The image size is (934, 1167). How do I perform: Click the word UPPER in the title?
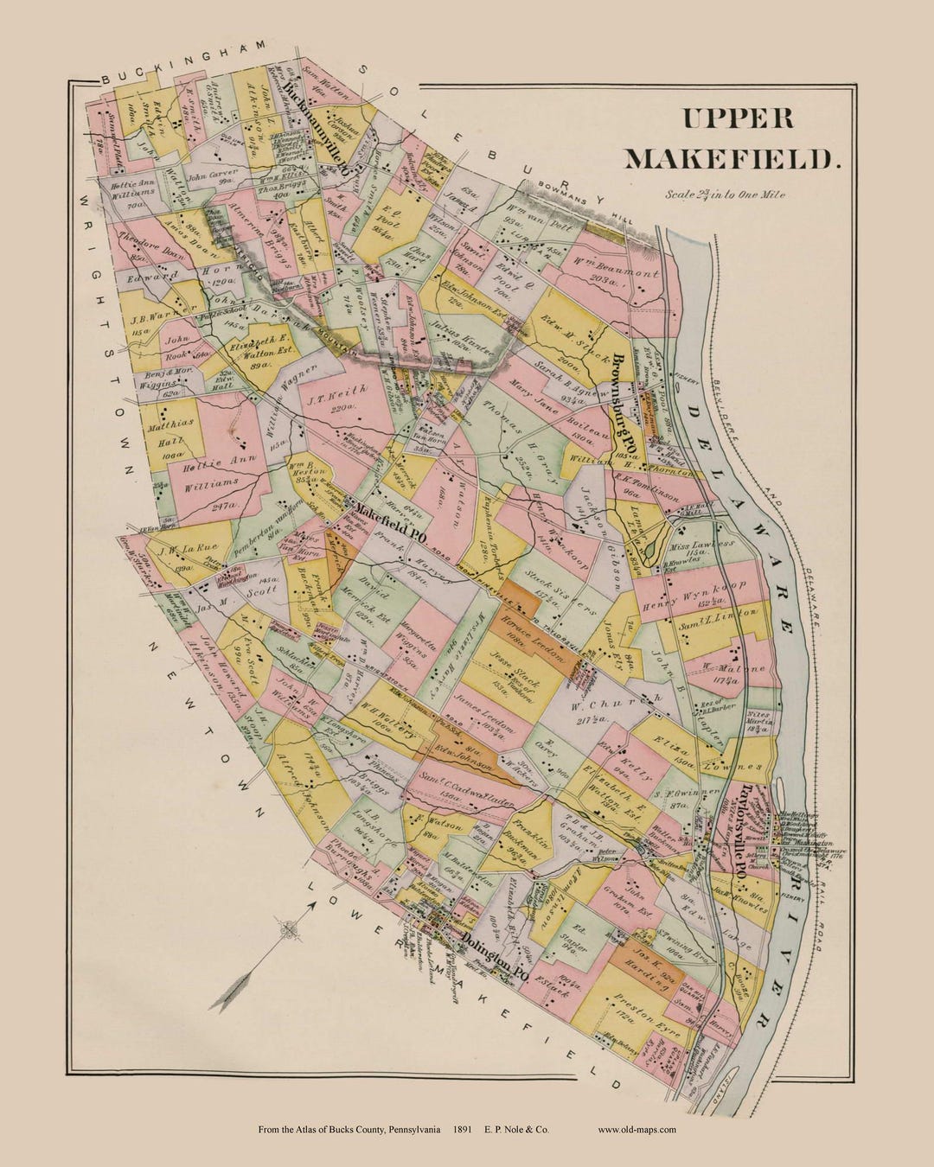738,118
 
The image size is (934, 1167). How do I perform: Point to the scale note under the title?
726,194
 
